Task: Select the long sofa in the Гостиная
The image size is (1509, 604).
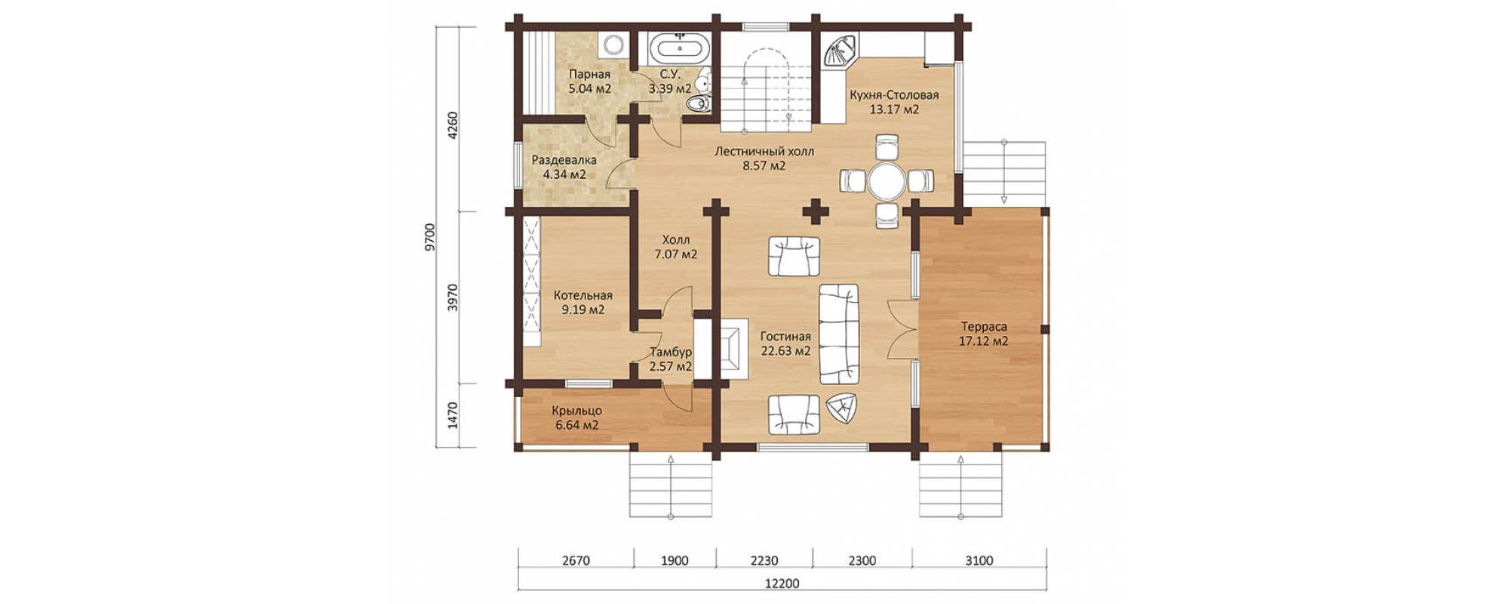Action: [839, 334]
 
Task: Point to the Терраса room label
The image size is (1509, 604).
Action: [984, 327]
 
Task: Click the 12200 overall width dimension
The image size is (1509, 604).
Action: [782, 584]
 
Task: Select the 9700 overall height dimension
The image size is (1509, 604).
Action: [430, 236]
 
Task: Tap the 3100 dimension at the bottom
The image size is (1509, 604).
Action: [979, 560]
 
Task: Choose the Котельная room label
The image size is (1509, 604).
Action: [583, 295]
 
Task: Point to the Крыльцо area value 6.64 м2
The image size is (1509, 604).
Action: [577, 425]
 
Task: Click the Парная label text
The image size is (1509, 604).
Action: [589, 74]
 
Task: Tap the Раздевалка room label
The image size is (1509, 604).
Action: [564, 160]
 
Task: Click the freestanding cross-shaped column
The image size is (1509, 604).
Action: [815, 211]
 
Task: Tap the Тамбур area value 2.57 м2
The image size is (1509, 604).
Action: [671, 367]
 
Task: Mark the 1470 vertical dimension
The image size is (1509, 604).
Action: [453, 415]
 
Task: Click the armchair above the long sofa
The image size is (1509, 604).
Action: [794, 256]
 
